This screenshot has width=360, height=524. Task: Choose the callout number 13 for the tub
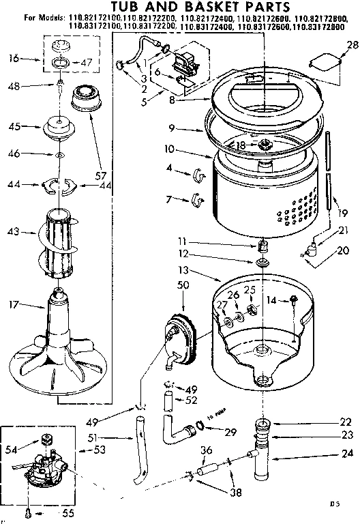click(203, 271)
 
